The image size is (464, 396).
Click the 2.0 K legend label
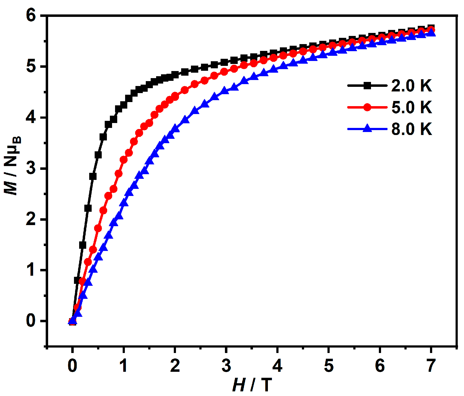411,86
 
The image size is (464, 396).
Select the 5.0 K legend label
411,107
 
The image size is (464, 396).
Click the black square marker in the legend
367,86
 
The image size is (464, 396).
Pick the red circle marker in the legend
367,107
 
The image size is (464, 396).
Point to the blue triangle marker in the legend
367,128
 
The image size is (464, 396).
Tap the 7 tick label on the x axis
431,366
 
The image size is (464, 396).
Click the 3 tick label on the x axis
226,366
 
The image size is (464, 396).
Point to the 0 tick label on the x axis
72,366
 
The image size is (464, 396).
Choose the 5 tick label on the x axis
329,366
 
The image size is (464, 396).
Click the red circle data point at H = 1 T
124,159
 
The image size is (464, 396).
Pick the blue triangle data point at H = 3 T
225,90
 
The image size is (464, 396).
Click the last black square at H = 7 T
431,28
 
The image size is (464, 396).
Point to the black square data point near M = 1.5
83,245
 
